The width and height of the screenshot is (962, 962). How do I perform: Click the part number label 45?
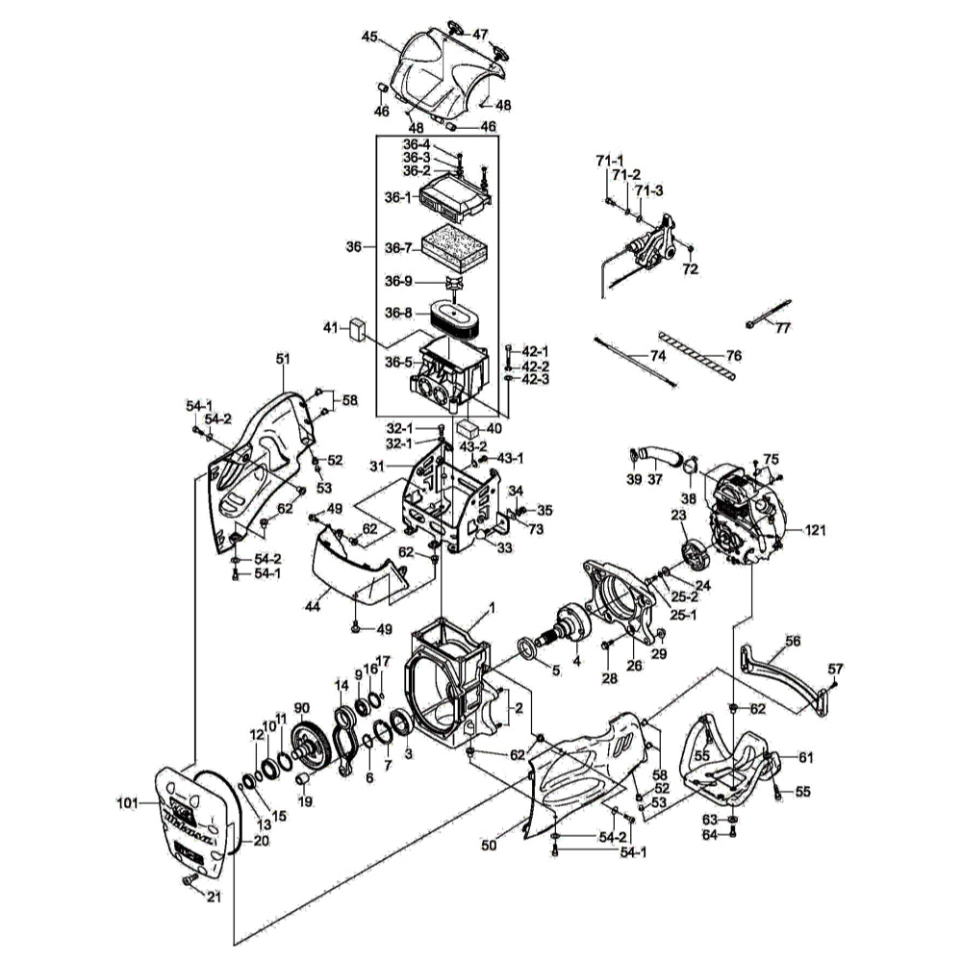click(369, 37)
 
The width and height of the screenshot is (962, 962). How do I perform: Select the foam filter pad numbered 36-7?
click(455, 244)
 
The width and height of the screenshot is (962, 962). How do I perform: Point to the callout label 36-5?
click(398, 362)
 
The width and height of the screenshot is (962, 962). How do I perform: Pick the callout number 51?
click(283, 359)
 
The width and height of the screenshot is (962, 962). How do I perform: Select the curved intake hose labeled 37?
click(662, 461)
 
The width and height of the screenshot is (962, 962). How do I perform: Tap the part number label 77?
click(782, 328)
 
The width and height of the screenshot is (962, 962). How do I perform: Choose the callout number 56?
click(793, 640)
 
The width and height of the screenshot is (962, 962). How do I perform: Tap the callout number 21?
click(214, 899)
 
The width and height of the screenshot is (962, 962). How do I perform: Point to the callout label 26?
click(633, 665)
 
